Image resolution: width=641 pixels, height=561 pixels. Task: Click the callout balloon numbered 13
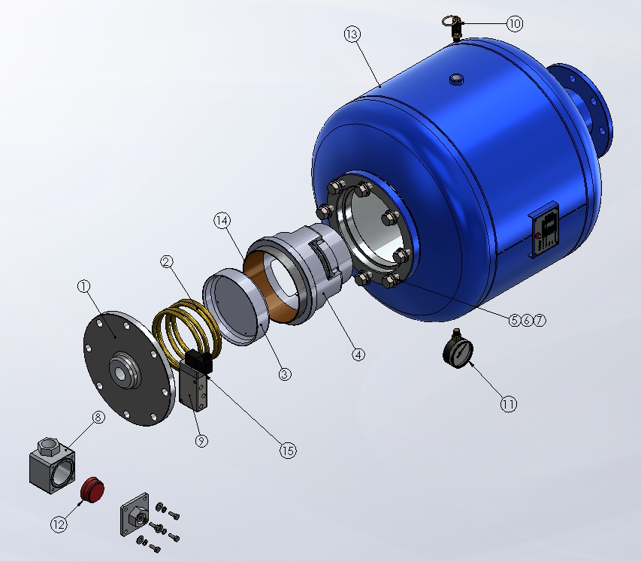[352, 35]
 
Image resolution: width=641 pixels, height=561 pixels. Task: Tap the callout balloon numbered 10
[515, 24]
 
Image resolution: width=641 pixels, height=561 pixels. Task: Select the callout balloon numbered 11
[509, 405]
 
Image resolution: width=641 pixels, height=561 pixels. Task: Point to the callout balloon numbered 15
[288, 451]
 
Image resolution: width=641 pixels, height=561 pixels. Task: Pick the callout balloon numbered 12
[59, 524]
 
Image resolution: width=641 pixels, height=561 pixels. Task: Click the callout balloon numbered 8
[98, 417]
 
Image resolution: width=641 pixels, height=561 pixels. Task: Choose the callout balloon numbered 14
[222, 221]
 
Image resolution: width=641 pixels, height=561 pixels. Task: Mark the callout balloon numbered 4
[358, 354]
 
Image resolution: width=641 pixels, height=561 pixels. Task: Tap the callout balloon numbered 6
[527, 321]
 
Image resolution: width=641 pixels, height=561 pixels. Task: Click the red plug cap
[92, 488]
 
